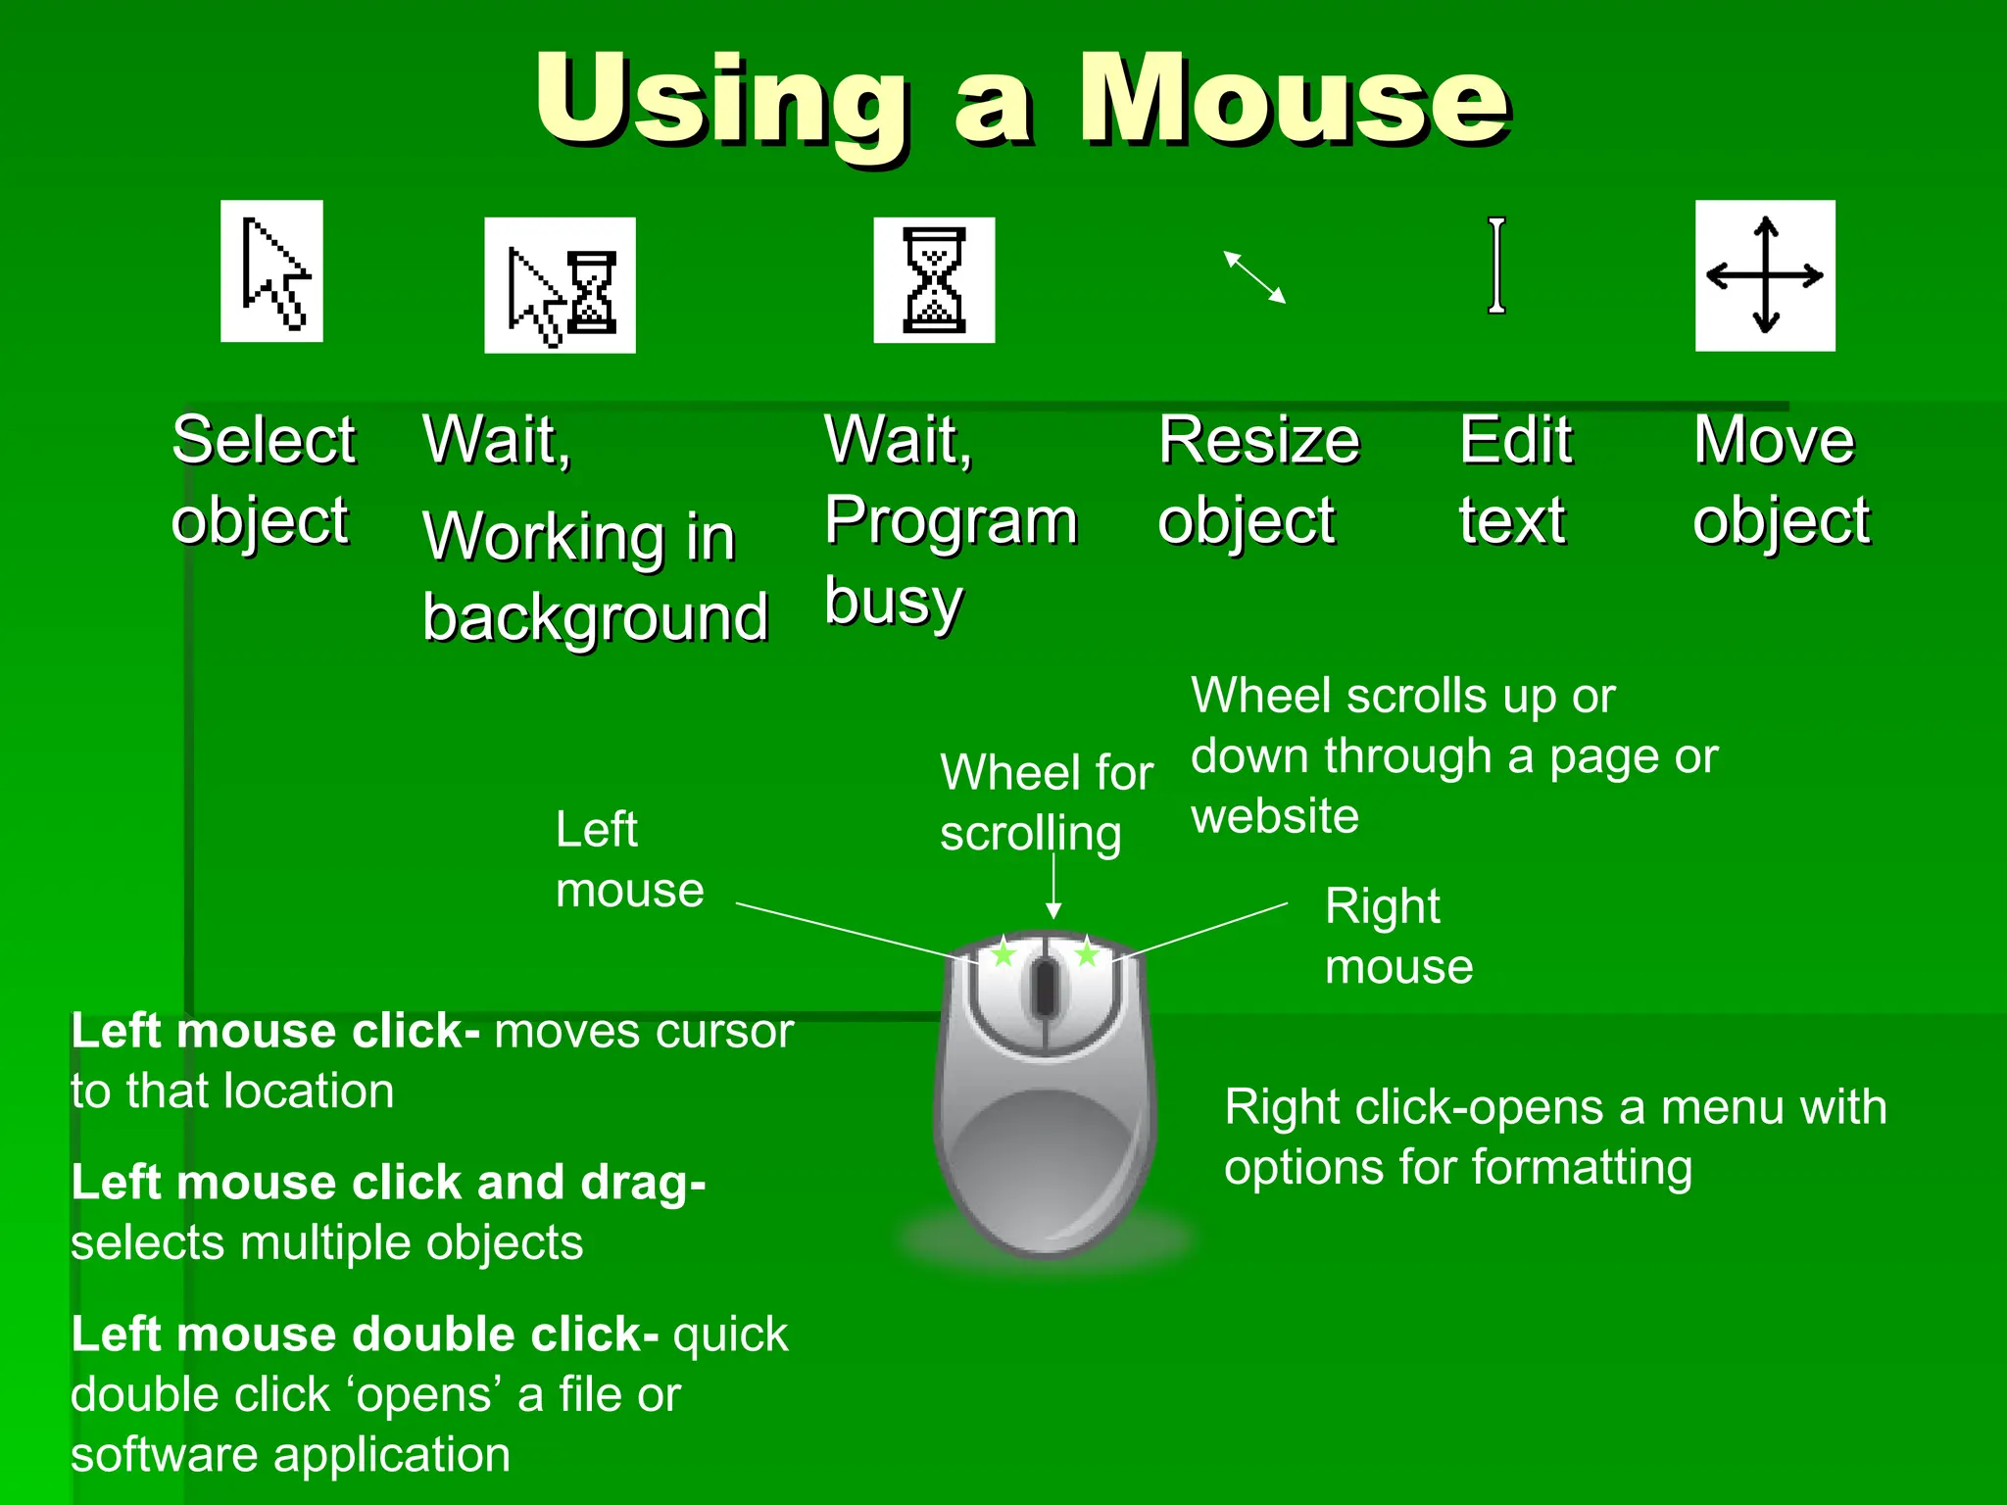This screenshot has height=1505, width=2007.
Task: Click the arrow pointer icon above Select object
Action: tap(272, 271)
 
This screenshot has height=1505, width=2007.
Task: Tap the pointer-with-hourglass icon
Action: tap(560, 286)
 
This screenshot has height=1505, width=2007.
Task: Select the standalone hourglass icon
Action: tap(934, 280)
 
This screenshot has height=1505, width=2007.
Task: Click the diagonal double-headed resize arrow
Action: tap(1254, 277)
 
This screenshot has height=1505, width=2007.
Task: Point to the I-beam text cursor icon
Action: tap(1496, 266)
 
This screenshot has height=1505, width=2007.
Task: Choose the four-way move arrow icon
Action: tap(1765, 275)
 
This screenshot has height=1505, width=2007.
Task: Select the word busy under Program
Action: tap(894, 601)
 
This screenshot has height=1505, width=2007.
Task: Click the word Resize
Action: tap(1258, 440)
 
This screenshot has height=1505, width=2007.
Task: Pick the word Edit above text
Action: tap(1515, 440)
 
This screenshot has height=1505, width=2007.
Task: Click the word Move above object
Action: tap(1774, 440)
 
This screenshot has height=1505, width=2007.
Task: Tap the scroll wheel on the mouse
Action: tap(1045, 988)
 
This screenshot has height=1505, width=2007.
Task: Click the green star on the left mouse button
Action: tap(1003, 952)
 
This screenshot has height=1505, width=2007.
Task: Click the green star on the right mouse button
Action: tap(1087, 952)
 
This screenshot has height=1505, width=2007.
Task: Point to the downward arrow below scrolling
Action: tap(1053, 887)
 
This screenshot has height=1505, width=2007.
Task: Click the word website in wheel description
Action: tap(1275, 816)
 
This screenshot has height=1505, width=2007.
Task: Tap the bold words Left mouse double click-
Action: tap(365, 1335)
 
